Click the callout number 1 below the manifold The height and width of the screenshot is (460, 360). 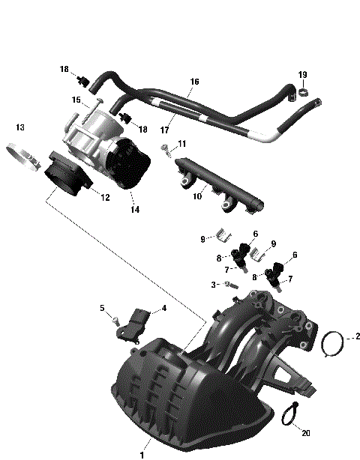pos(139,453)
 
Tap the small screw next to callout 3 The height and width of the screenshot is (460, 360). pos(232,285)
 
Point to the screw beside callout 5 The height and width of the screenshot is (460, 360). pos(115,320)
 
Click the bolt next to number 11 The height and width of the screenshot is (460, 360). pos(164,155)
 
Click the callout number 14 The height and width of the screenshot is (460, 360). pos(135,211)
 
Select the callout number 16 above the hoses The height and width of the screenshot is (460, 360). pos(194,82)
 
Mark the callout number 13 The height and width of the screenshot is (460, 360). pos(20,127)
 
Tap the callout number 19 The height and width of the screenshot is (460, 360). pos(302,74)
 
